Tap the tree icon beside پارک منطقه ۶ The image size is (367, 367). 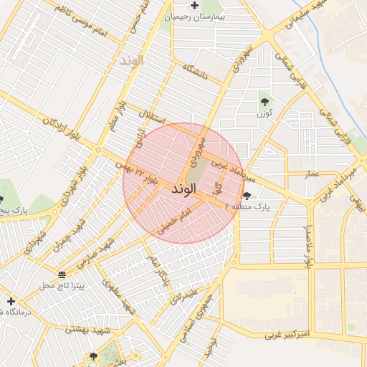coord(247,196)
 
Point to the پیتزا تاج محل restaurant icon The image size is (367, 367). coord(61,275)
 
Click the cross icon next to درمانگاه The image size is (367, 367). coord(11,301)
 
